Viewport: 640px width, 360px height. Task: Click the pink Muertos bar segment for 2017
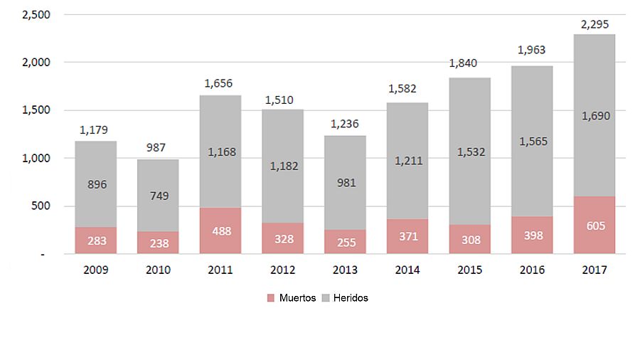(594, 225)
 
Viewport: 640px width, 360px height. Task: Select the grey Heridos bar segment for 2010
(158, 196)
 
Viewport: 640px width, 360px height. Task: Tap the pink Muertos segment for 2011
(220, 231)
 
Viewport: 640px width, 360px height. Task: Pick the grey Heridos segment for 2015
(470, 151)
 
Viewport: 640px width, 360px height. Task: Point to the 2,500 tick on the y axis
(32, 14)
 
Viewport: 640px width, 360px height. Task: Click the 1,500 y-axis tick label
(32, 110)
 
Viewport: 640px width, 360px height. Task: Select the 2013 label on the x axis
(345, 270)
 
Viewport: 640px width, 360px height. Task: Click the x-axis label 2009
(96, 270)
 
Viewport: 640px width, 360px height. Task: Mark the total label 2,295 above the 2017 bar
(594, 24)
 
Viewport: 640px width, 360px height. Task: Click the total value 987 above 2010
(159, 149)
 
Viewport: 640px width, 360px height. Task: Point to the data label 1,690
(594, 115)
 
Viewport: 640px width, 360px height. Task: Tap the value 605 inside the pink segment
(594, 226)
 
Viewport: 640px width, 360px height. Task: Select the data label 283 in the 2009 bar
(96, 241)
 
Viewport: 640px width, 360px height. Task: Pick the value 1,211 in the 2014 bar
(408, 161)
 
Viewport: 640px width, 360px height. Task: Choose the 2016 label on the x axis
(532, 270)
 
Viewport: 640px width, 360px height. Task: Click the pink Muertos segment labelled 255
(345, 242)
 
